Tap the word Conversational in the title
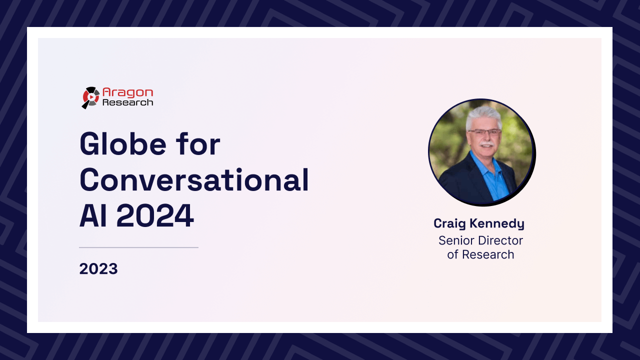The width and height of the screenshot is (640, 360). point(194,179)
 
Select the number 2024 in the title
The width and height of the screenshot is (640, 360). point(155,215)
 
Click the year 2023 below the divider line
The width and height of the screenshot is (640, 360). point(98,269)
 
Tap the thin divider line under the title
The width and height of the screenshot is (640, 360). point(138,247)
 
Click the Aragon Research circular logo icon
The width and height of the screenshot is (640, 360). point(90,97)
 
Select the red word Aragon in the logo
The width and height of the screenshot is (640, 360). point(127,92)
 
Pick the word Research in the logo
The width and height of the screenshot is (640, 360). point(127,102)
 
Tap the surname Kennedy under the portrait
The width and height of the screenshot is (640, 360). point(497,223)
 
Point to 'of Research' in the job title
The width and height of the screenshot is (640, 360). point(480,254)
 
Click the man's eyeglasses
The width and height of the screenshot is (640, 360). point(484,132)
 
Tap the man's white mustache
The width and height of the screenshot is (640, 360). point(486,143)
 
